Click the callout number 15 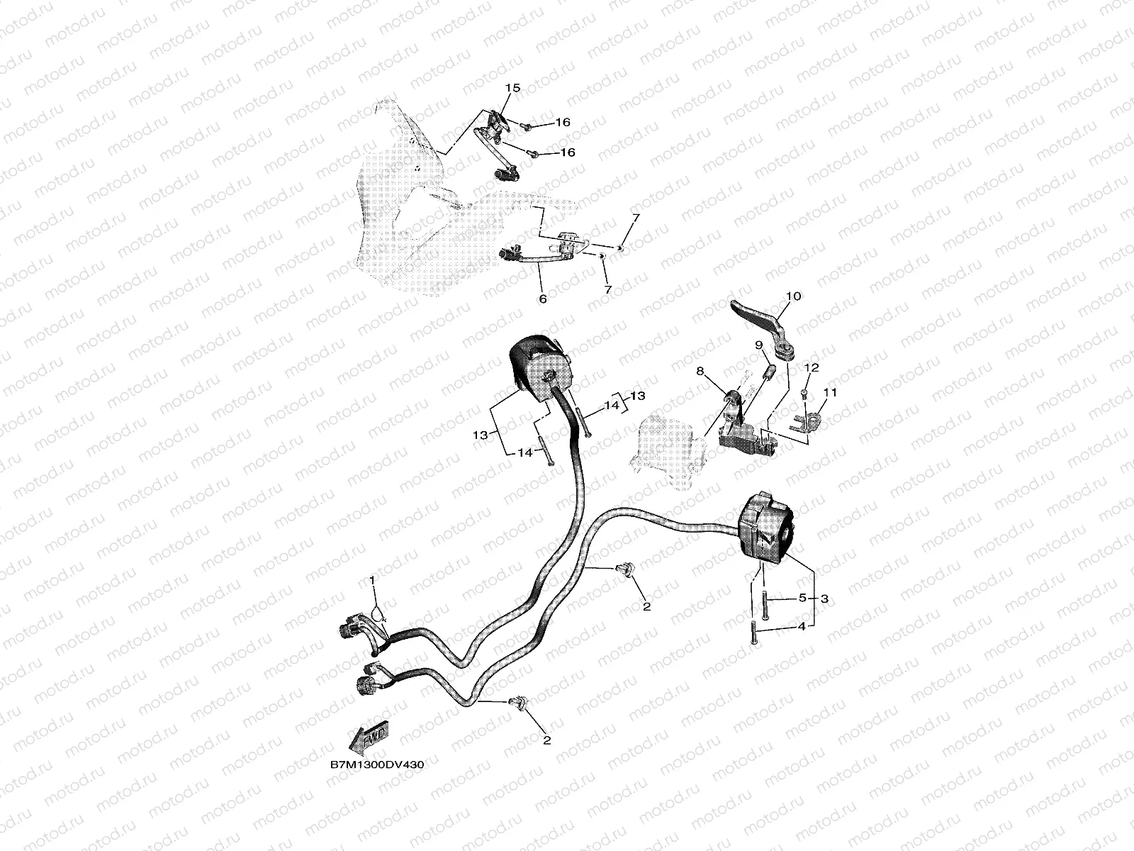pos(512,88)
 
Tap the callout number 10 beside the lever pos(794,296)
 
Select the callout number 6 pos(542,299)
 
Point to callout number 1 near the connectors pos(372,581)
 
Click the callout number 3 pos(824,599)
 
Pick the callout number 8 pos(700,371)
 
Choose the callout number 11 pos(830,393)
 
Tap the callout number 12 pos(812,367)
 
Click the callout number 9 pos(759,345)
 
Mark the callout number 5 pos(802,598)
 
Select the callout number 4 pos(802,626)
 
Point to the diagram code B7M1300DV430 pos(377,764)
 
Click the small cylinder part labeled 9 pos(769,371)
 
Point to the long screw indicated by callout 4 pos(754,632)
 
